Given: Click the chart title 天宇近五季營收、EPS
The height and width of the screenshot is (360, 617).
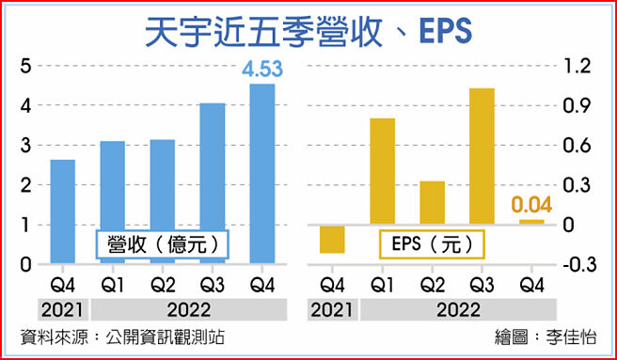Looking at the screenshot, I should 308,29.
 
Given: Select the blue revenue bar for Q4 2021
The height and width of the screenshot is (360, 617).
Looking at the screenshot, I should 63,211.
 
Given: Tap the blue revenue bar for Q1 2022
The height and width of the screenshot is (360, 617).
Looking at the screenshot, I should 113,202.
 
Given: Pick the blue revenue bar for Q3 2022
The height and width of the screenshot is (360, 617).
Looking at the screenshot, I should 213,183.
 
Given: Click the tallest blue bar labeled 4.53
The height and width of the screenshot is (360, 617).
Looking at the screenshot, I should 262,174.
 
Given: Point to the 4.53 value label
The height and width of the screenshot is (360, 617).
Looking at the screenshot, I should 262,70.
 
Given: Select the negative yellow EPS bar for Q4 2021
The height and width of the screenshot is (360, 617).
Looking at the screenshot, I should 332,239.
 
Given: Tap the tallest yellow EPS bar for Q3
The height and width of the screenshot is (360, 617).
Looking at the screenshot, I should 482,156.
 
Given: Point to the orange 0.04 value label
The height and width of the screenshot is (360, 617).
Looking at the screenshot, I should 531,205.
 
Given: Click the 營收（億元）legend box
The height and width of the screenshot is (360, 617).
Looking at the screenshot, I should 163,244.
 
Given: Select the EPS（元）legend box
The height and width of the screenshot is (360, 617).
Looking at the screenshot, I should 432,244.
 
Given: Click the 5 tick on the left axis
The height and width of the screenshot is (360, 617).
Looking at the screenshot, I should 26,65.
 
